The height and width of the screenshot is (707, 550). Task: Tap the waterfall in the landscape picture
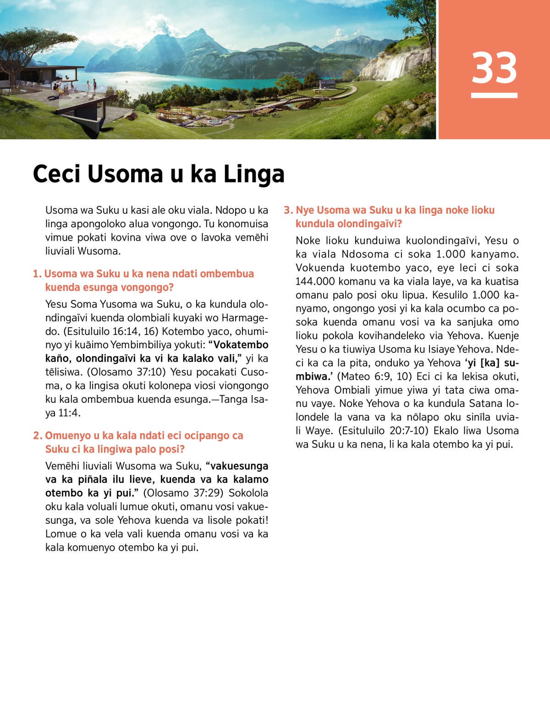pyautogui.click(x=396, y=66)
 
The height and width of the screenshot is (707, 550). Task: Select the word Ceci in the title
pyautogui.click(x=56, y=174)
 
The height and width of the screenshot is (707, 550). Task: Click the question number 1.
pyautogui.click(x=37, y=274)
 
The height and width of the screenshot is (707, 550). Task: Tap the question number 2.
pyautogui.click(x=37, y=436)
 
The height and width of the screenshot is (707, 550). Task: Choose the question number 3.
pyautogui.click(x=288, y=210)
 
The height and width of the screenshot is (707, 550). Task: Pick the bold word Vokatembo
pyautogui.click(x=241, y=345)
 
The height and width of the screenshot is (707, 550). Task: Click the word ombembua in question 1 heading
pyautogui.click(x=227, y=274)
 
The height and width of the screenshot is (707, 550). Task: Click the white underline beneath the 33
pyautogui.click(x=494, y=96)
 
